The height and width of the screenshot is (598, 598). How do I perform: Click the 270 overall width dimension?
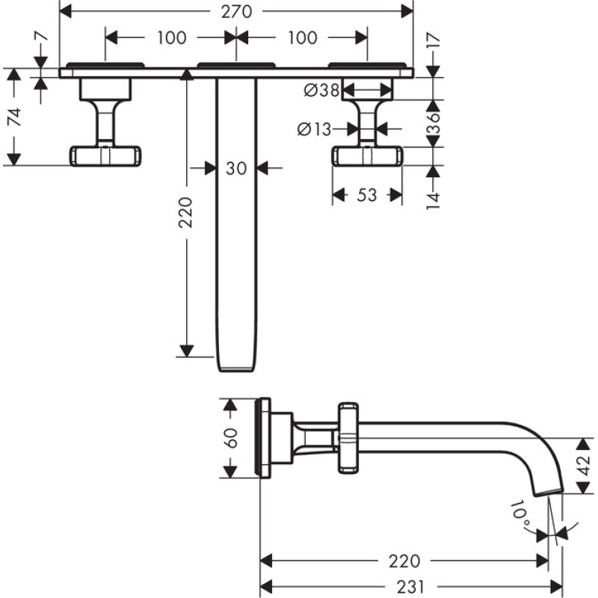[236, 11]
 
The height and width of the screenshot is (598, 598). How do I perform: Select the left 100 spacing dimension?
[170, 37]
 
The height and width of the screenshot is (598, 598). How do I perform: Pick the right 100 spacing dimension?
[301, 37]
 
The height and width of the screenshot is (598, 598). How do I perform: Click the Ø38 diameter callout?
[321, 91]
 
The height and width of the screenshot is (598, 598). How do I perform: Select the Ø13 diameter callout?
[314, 129]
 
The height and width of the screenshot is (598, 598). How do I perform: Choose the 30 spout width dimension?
[236, 169]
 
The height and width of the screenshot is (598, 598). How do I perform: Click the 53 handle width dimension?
[366, 196]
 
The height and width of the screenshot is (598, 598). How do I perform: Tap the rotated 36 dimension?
[432, 123]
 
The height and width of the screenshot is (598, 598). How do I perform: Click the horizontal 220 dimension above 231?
[404, 561]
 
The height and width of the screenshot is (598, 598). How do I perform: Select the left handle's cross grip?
[106, 155]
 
